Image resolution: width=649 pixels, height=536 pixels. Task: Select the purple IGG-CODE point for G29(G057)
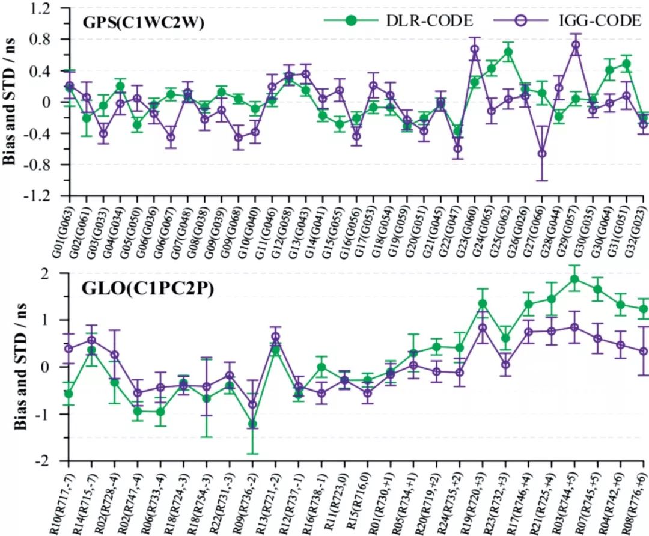[576, 45]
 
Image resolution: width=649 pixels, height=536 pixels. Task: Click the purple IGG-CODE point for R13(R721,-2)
[276, 337]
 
